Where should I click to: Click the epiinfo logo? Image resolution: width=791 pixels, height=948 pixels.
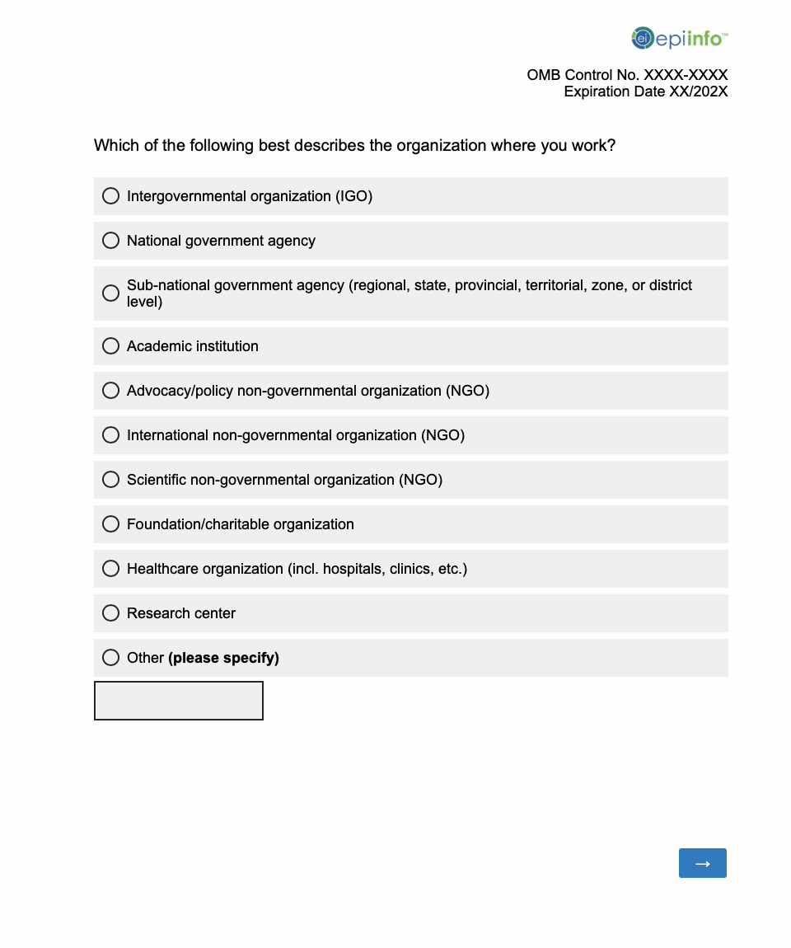(679, 38)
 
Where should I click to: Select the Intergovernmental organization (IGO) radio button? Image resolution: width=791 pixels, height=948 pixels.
(110, 196)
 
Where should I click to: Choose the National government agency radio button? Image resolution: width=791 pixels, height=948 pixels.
(110, 241)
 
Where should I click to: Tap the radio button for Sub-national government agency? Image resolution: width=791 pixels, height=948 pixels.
(110, 293)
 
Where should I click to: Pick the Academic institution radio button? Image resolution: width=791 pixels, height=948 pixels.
(110, 346)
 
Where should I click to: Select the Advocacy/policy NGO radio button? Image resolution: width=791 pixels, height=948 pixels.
(110, 391)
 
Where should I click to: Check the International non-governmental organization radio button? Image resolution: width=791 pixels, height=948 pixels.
(110, 435)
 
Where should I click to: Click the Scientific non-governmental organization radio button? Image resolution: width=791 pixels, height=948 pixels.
(110, 480)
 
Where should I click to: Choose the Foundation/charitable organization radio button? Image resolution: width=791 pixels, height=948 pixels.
(110, 524)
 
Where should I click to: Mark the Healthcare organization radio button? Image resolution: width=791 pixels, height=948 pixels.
(110, 569)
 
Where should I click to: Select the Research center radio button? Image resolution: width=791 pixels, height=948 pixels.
(110, 613)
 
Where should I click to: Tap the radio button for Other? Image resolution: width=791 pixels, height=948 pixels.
(110, 658)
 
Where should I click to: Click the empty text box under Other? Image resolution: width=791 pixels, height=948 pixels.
(179, 701)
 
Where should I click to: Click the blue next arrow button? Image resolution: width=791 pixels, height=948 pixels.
(703, 863)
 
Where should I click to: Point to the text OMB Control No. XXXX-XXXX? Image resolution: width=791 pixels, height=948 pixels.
(627, 75)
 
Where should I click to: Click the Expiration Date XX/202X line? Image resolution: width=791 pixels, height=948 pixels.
(645, 92)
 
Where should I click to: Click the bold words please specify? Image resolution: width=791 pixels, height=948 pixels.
(223, 658)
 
